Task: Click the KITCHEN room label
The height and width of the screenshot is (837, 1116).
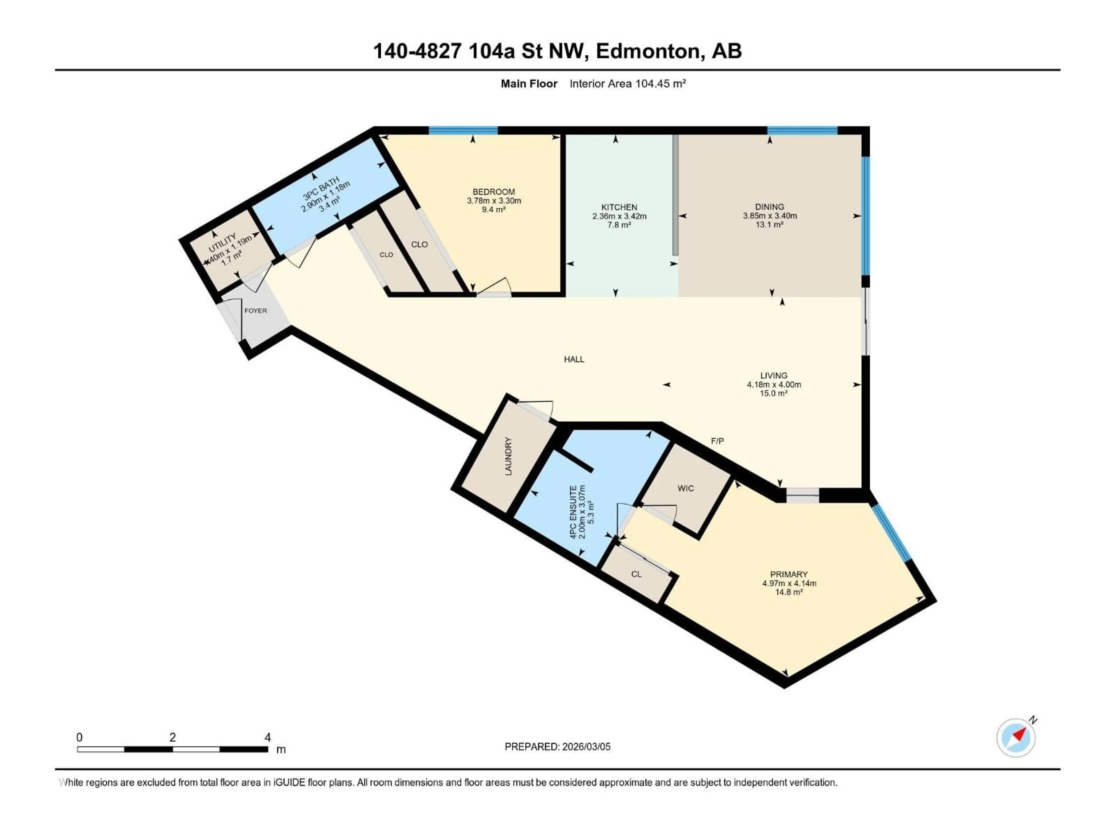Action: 619,207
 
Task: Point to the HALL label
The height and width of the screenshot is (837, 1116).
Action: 574,359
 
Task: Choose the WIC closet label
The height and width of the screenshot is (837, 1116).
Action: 686,488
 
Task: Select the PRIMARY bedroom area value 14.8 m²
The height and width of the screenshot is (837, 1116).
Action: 788,592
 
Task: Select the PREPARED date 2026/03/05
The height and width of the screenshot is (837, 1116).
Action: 585,747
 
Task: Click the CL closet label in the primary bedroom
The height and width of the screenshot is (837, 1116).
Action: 636,574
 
